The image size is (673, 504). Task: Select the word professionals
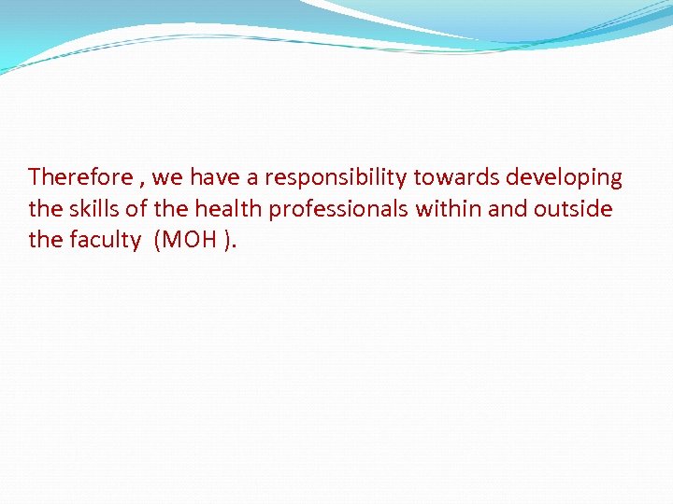click(x=339, y=209)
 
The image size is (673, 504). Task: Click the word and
click(x=508, y=209)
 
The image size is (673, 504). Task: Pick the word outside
click(x=573, y=209)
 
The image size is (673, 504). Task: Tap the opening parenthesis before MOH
click(x=159, y=241)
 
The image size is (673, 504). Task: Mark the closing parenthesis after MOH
click(x=227, y=241)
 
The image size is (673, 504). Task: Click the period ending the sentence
click(x=236, y=246)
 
